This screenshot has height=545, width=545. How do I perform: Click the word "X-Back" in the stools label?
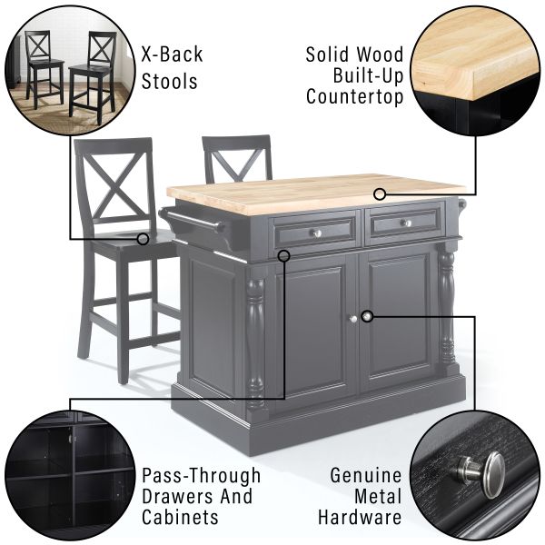click(172, 54)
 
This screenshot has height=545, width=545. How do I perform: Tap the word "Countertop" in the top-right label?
click(354, 96)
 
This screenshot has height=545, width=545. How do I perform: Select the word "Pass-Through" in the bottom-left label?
click(202, 476)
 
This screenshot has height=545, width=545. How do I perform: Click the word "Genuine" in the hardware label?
click(366, 475)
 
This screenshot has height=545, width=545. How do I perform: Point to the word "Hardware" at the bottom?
click(360, 517)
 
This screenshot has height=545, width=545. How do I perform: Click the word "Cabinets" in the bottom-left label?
click(180, 517)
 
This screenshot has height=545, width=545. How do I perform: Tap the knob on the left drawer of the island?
click(317, 233)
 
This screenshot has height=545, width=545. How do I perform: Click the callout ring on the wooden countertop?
click(380, 194)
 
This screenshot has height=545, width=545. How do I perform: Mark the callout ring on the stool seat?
click(143, 239)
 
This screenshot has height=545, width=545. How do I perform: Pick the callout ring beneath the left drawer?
click(284, 256)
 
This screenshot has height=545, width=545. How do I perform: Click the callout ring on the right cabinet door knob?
click(367, 316)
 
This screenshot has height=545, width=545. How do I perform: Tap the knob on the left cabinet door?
click(353, 319)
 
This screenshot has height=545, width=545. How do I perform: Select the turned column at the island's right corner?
click(447, 310)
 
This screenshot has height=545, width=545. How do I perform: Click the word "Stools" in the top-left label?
click(169, 82)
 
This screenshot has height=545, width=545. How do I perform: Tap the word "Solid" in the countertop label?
click(327, 54)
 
